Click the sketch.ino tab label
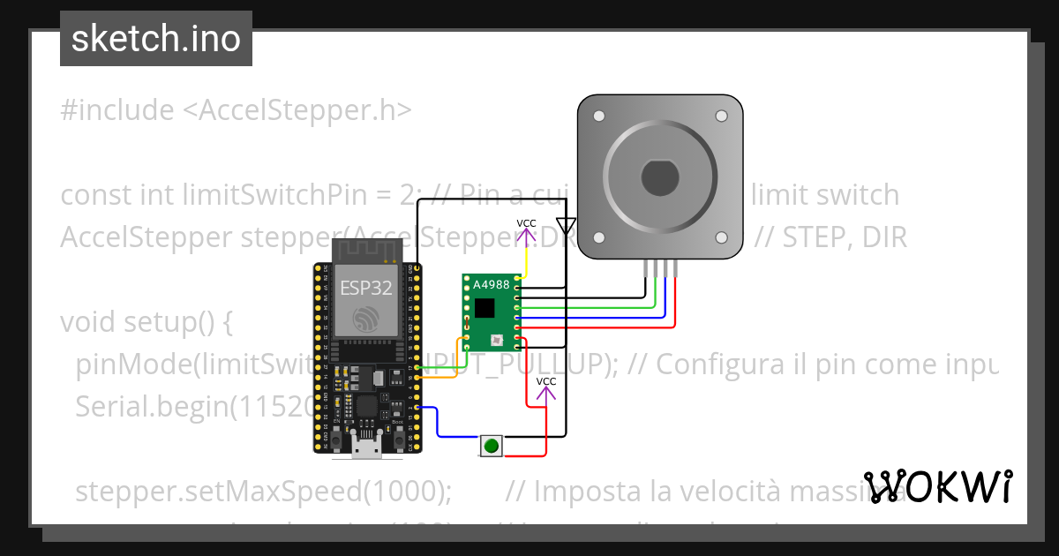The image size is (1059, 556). (x=156, y=39)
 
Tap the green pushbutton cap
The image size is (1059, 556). (x=492, y=446)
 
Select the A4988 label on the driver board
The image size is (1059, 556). (x=491, y=285)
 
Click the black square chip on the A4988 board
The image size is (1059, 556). (x=484, y=307)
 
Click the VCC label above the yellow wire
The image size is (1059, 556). (x=526, y=223)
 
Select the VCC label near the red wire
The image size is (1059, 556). (x=546, y=381)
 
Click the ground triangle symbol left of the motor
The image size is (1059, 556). (x=567, y=226)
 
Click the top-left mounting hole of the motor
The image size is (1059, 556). (x=599, y=116)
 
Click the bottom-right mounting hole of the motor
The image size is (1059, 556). (x=721, y=237)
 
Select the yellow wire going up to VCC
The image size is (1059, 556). (x=526, y=260)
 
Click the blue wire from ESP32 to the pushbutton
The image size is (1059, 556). (x=439, y=424)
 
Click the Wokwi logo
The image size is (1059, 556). (x=938, y=486)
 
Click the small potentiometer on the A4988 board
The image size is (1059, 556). (x=496, y=339)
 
